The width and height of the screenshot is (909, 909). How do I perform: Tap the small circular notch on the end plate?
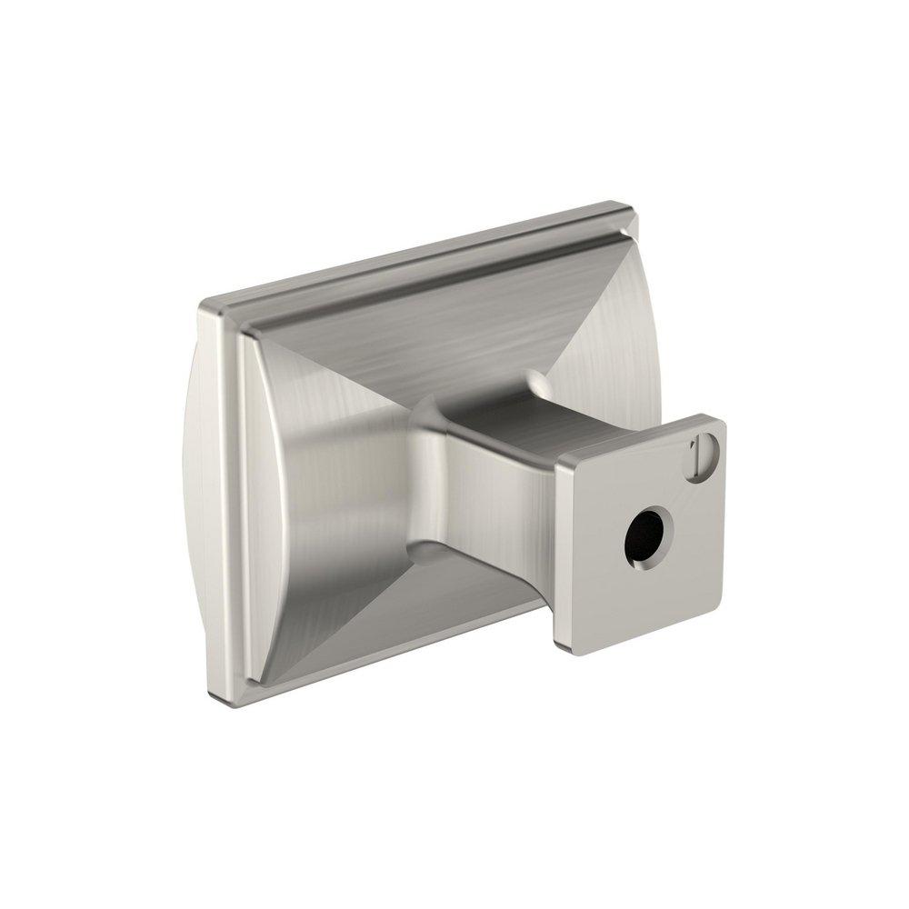pos(705,451)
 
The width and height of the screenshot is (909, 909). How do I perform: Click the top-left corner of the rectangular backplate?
pos(207,304)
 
